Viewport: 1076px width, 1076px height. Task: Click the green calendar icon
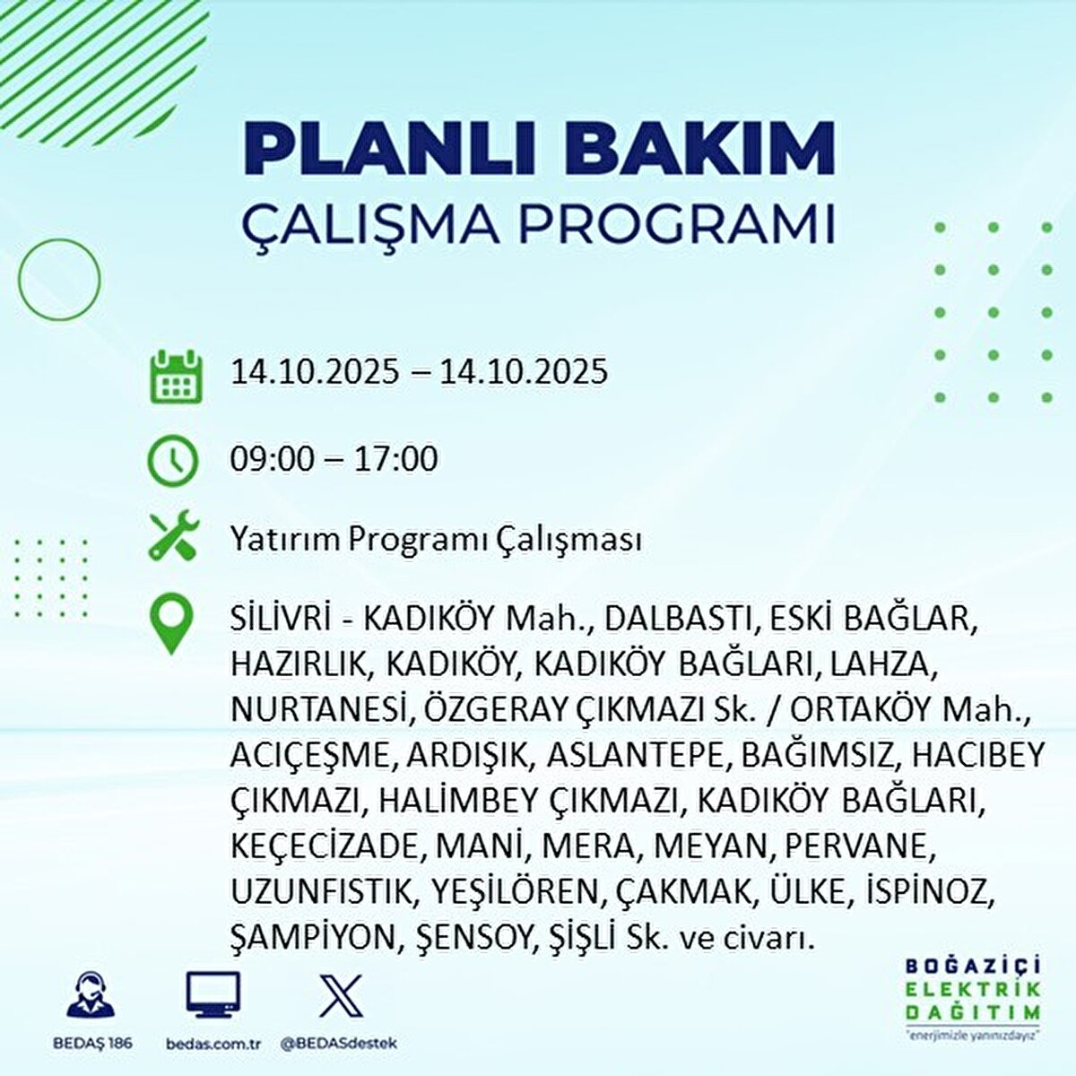[176, 376]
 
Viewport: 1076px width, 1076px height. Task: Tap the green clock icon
[172, 460]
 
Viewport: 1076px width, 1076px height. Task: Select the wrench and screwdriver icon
[172, 534]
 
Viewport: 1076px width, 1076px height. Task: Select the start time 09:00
[273, 460]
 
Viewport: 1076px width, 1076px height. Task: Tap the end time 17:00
[395, 460]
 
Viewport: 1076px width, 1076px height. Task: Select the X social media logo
[341, 996]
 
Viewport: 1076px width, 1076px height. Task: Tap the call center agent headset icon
[91, 995]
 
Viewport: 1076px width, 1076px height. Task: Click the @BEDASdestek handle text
[338, 1043]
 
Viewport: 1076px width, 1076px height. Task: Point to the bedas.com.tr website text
[213, 1043]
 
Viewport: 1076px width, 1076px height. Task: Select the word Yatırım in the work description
[284, 540]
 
